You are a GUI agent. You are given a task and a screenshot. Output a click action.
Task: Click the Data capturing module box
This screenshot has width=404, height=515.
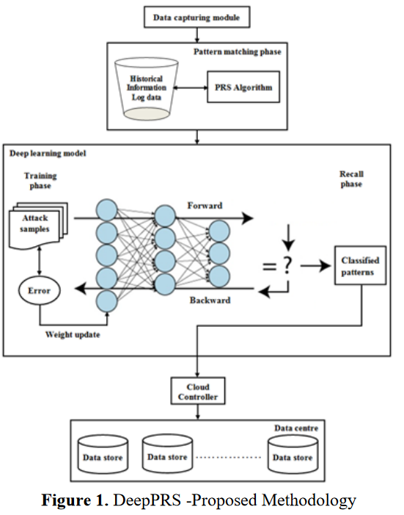tap(197, 17)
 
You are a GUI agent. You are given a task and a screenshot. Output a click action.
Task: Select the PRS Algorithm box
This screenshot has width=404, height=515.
tap(243, 87)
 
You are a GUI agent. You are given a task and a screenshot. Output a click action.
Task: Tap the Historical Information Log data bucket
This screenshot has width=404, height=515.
tap(146, 89)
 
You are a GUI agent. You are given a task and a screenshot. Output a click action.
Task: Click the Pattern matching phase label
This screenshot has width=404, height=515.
tap(237, 51)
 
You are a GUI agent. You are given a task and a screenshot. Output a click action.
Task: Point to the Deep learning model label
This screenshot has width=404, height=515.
tap(48, 154)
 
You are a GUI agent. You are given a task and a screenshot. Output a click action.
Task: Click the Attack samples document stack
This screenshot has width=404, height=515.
tap(38, 226)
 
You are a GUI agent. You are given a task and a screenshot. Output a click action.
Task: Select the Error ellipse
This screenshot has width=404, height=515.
tap(39, 290)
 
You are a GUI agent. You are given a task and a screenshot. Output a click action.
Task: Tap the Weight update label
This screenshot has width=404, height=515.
tap(73, 334)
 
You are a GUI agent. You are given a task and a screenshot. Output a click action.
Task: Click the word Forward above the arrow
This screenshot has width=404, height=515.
tap(205, 206)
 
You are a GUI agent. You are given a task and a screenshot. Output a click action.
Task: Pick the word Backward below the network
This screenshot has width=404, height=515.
tap(210, 300)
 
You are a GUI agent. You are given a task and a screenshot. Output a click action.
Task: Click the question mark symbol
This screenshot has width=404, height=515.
tap(287, 265)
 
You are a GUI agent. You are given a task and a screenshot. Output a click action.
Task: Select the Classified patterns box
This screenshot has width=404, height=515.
tap(360, 265)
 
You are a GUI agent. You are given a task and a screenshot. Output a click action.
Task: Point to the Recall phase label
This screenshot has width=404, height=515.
tap(351, 179)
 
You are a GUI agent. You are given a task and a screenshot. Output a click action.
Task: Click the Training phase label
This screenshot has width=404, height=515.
tap(40, 181)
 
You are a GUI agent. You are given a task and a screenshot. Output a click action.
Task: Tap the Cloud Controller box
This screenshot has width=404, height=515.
tap(198, 391)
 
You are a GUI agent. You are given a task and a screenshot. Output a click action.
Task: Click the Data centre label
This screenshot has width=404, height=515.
tap(296, 428)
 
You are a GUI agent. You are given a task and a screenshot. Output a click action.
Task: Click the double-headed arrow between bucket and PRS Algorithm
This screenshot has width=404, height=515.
tap(191, 87)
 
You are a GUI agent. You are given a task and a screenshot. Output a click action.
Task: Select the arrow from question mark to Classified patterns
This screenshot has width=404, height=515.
tap(315, 265)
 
